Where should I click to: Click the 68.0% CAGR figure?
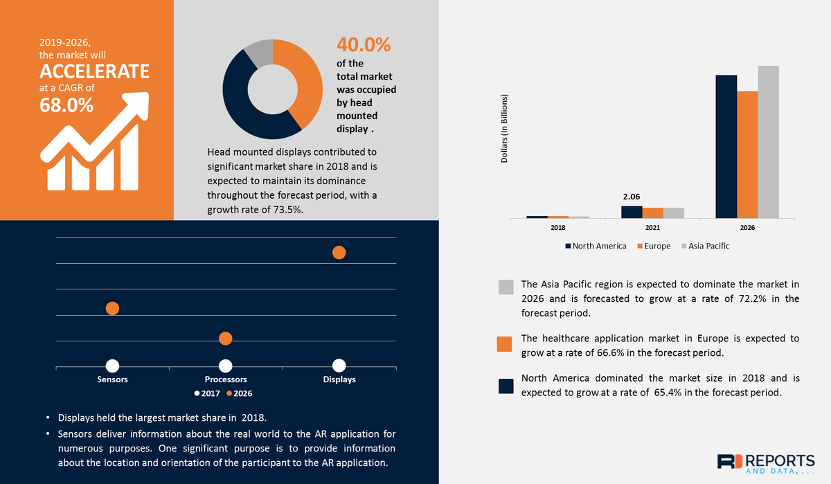[x=66, y=105]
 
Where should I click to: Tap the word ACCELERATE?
[x=94, y=71]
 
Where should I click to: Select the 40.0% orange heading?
[x=364, y=45]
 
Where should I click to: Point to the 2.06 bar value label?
[x=632, y=197]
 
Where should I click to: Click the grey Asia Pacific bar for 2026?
[x=768, y=142]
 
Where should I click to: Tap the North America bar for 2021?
[x=632, y=212]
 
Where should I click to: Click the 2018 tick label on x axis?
[x=557, y=228]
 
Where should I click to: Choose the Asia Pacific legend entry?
[x=705, y=246]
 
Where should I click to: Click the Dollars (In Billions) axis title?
[x=505, y=129]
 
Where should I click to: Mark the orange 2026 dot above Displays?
[x=339, y=253]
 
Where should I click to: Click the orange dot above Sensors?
[x=112, y=308]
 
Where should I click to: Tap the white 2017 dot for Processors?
[x=225, y=366]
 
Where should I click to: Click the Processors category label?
[x=226, y=379]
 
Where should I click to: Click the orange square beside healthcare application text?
[x=506, y=344]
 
